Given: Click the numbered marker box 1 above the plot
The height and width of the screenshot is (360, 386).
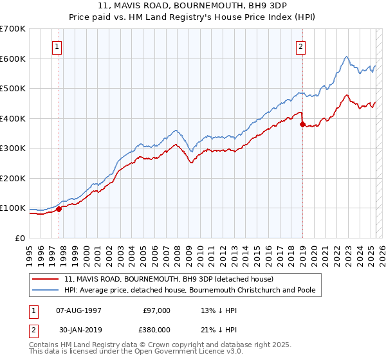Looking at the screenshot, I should [57, 46].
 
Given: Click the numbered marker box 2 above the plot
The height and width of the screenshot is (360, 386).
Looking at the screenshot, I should [300, 46].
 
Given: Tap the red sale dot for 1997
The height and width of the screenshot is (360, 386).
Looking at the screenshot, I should [59, 209].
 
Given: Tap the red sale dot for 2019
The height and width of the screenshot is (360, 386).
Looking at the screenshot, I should [302, 125].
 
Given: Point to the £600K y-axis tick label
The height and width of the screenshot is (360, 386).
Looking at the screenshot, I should [13, 59].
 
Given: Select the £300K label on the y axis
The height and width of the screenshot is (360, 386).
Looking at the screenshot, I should [13, 148].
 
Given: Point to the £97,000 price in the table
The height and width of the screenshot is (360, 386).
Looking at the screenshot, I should [156, 310].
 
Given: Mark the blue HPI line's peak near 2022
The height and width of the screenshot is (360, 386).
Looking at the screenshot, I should [346, 57].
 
